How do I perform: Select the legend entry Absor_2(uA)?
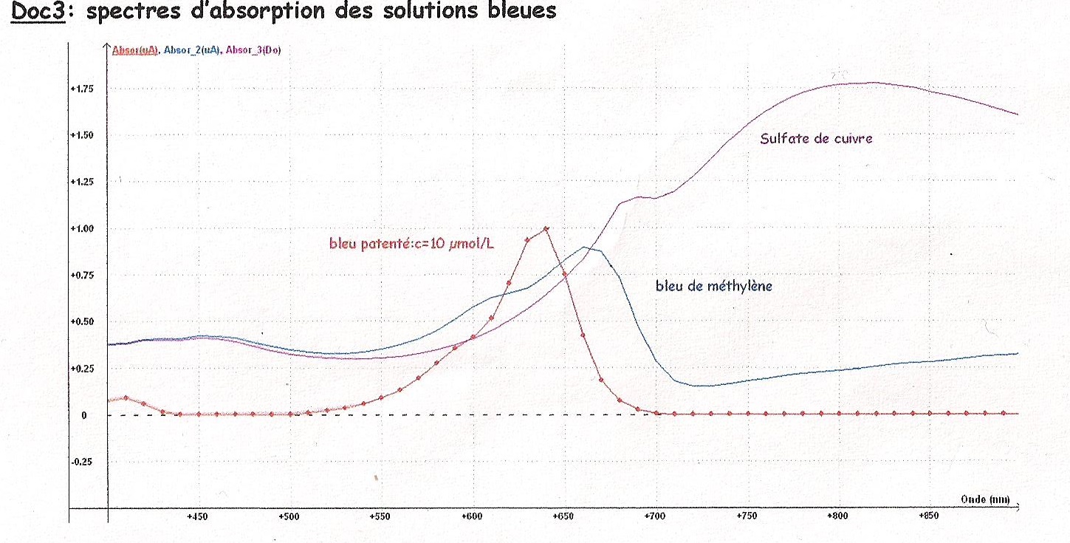click(x=191, y=50)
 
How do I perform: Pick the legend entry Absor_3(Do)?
click(x=253, y=50)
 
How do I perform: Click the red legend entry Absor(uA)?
click(x=134, y=50)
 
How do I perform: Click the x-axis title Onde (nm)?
click(x=985, y=499)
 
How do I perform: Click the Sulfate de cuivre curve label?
click(x=816, y=138)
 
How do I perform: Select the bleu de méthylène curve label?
click(x=713, y=286)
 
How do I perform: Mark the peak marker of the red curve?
click(x=546, y=229)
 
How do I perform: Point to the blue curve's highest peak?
click(x=585, y=247)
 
